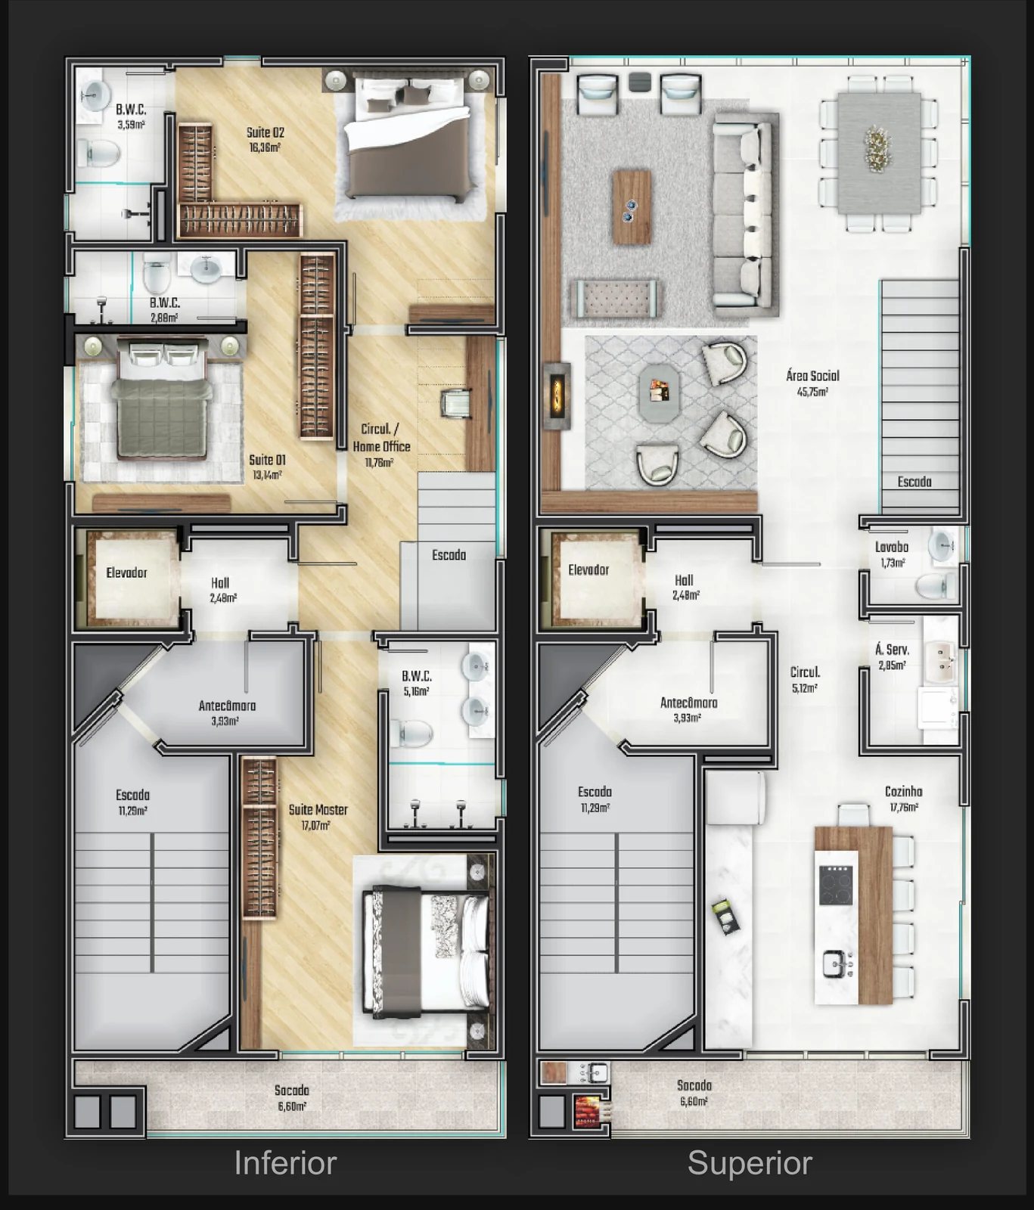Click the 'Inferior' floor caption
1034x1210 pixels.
(x=285, y=1162)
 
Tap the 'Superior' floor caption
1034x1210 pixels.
(x=750, y=1163)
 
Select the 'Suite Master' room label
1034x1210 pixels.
(x=318, y=810)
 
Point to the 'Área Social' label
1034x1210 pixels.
(x=812, y=376)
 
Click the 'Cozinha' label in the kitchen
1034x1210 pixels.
(x=903, y=792)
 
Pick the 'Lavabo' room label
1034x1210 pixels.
(x=892, y=547)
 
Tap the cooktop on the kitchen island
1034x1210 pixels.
(x=836, y=885)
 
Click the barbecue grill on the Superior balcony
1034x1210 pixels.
(x=588, y=1112)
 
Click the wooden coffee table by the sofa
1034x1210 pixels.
(x=632, y=206)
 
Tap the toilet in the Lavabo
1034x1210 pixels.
(x=936, y=585)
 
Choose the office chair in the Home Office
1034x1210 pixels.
(x=457, y=402)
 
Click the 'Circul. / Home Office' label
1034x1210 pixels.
(x=381, y=437)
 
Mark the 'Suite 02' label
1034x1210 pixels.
(x=265, y=132)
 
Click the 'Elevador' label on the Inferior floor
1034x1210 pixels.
(x=126, y=572)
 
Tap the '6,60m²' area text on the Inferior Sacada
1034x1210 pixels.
(x=292, y=1106)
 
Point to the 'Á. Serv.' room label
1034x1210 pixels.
(x=893, y=650)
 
